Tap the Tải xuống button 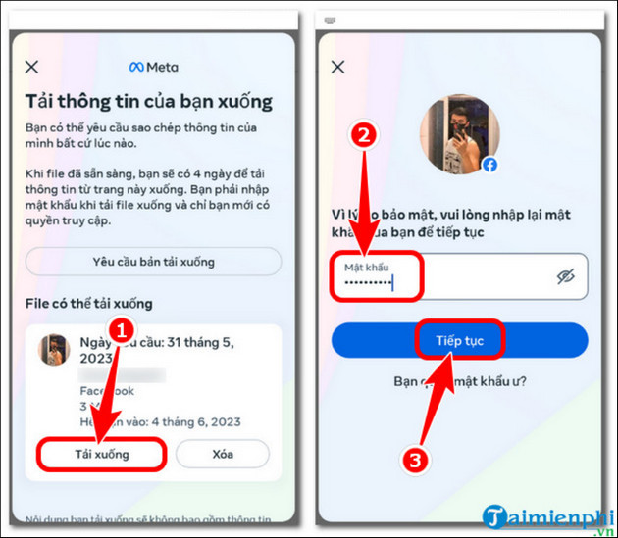point(102,454)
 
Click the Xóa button point(223,454)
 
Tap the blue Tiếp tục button point(459,340)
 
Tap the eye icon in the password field point(565,277)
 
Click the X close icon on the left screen point(31,67)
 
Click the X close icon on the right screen point(338,67)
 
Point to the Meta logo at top point(152,67)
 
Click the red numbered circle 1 point(119,331)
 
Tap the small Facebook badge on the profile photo point(489,165)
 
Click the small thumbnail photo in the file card point(54,350)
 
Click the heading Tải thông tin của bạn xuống point(148,101)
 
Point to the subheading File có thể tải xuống point(88,304)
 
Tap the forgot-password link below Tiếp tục point(459,381)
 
